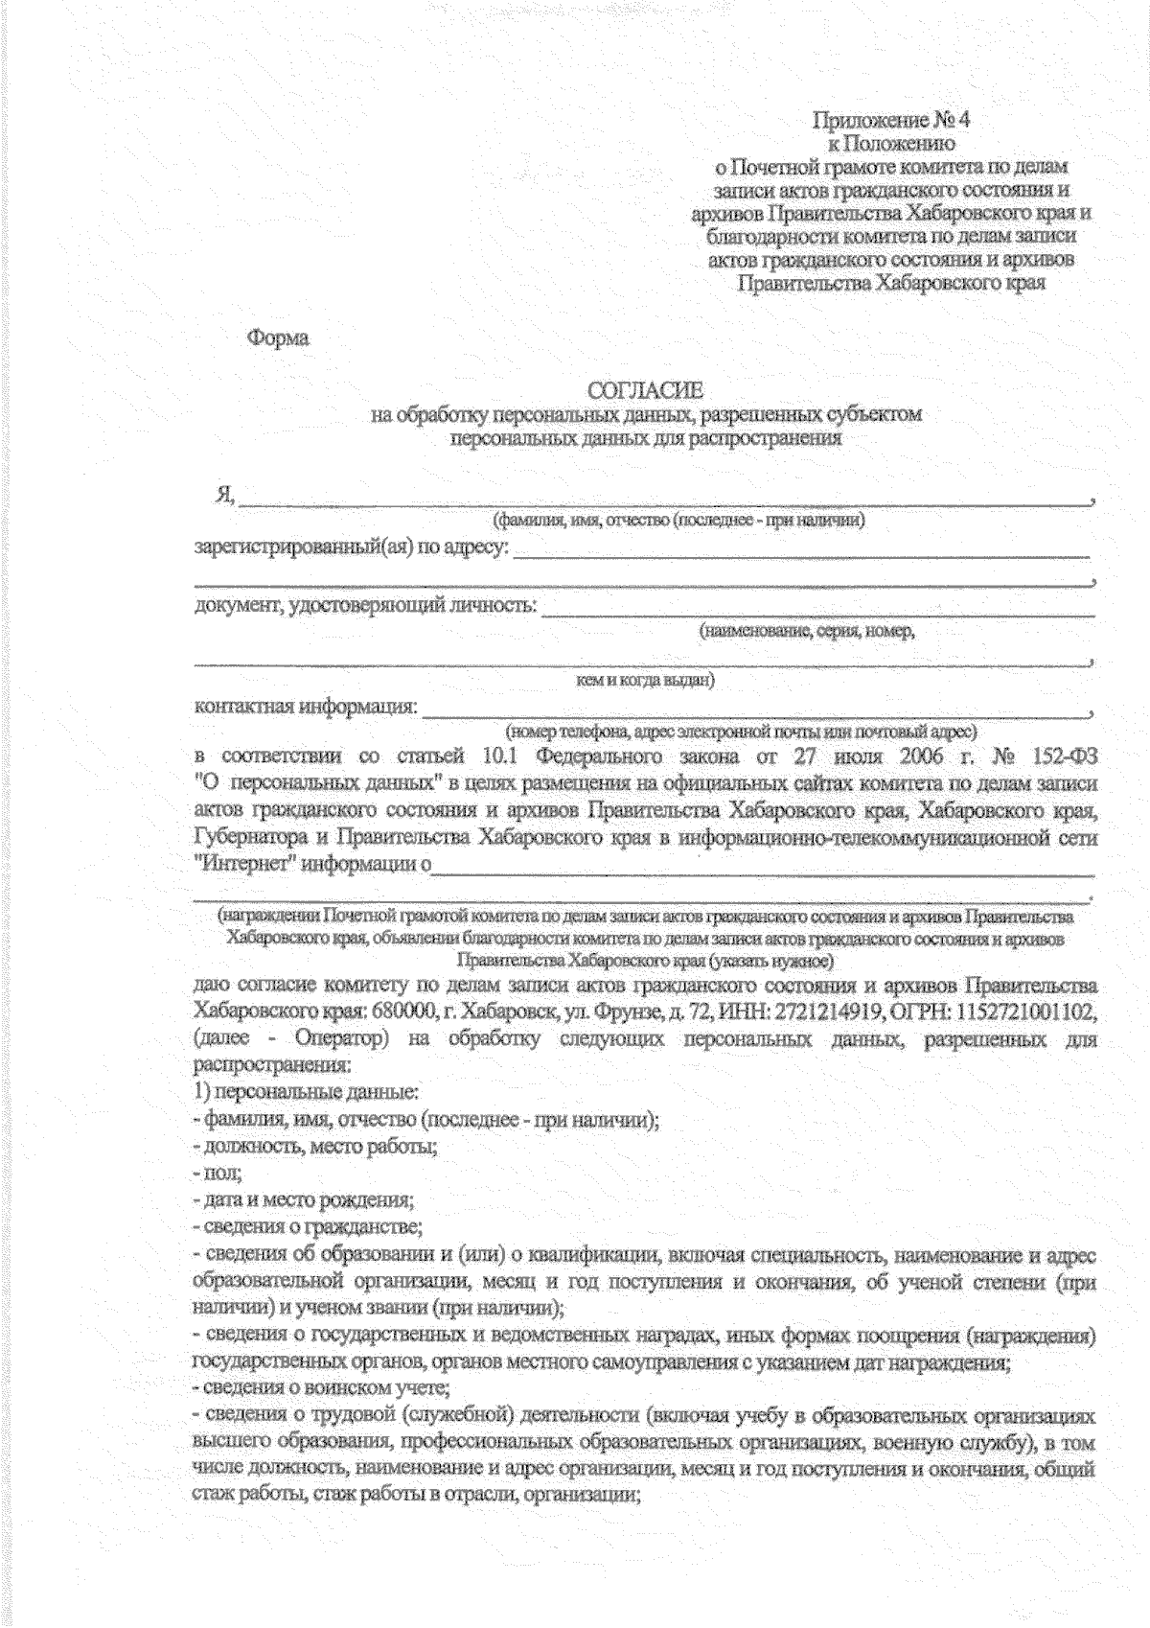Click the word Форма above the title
pyautogui.click(x=279, y=338)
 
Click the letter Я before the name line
pyautogui.click(x=224, y=495)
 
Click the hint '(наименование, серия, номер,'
pyautogui.click(x=807, y=631)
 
